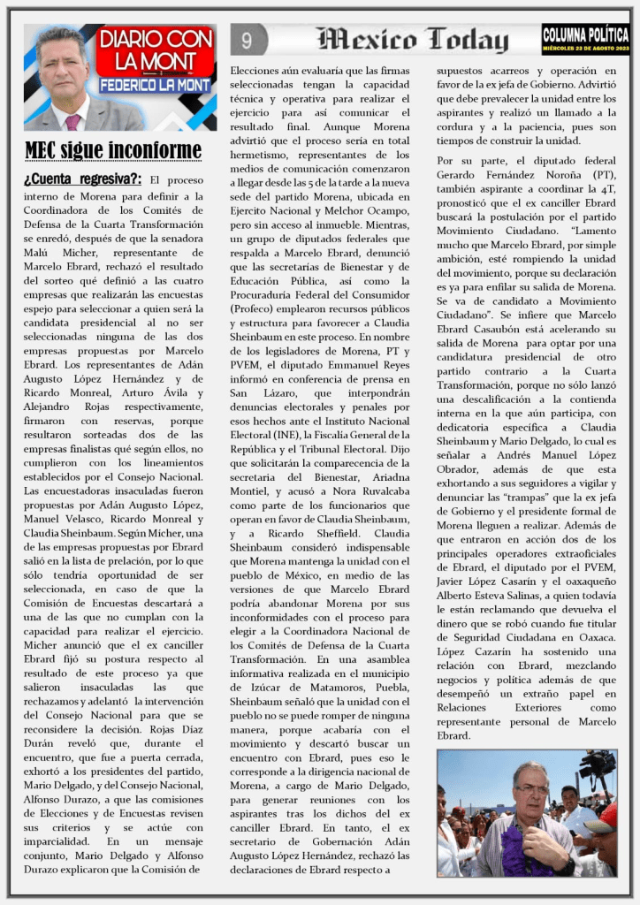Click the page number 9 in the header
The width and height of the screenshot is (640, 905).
pos(247,40)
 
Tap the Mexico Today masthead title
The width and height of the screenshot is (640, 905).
pos(412,40)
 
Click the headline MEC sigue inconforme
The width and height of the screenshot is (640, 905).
pos(112,149)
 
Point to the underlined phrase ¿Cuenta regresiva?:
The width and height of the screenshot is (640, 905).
pos(84,179)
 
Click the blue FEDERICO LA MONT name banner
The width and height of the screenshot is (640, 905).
pos(156,86)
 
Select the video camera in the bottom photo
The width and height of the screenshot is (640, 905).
pos(598,762)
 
